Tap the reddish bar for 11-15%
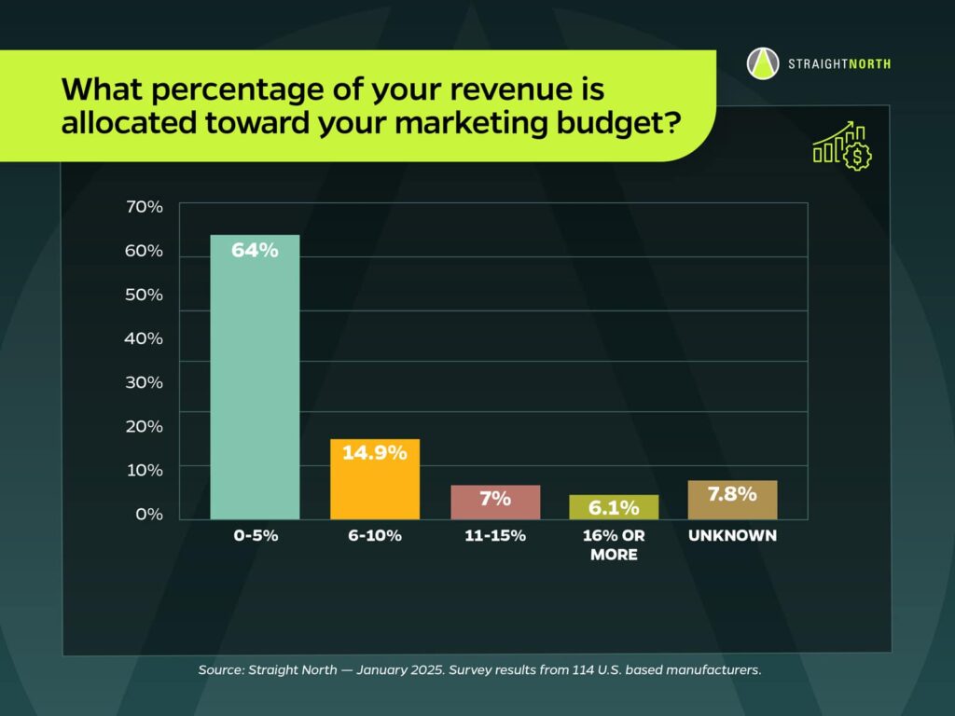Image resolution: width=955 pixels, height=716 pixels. (495, 508)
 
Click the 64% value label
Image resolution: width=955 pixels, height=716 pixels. (255, 250)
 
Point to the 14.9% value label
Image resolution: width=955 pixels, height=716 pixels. (375, 454)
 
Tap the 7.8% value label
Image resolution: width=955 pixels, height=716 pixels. (732, 494)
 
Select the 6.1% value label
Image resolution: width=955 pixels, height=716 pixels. (614, 508)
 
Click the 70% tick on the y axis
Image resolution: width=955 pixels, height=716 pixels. (144, 207)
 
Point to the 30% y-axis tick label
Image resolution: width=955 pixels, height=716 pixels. (144, 382)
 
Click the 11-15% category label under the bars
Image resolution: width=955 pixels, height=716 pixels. (495, 536)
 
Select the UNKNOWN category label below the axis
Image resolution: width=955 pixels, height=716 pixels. (732, 536)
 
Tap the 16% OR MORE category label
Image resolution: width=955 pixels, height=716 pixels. (614, 545)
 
